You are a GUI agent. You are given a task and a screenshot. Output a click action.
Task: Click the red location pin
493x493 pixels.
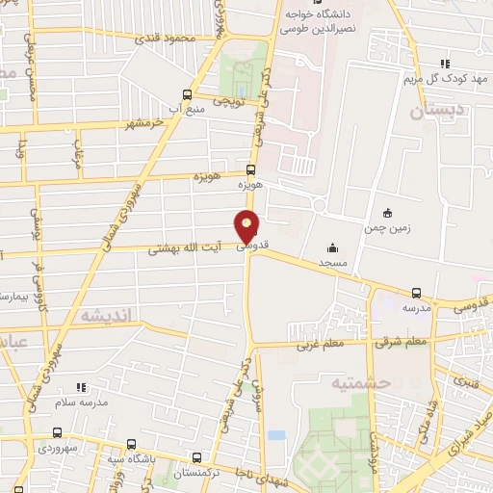247,225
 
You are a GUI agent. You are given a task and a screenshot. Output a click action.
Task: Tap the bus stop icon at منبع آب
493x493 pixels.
188,94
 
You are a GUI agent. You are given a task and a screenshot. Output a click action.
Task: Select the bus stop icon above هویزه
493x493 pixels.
250,170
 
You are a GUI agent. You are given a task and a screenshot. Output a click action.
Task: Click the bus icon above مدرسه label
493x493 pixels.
416,293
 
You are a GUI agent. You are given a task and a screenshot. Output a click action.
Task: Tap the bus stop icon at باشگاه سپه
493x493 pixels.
132,444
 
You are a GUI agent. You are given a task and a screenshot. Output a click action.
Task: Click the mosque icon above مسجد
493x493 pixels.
332,246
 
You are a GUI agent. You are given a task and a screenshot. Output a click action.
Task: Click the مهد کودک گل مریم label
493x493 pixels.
450,78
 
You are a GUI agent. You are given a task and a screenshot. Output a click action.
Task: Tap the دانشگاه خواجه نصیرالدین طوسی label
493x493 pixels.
322,21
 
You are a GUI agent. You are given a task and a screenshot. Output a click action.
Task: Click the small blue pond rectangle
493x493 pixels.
276,435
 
